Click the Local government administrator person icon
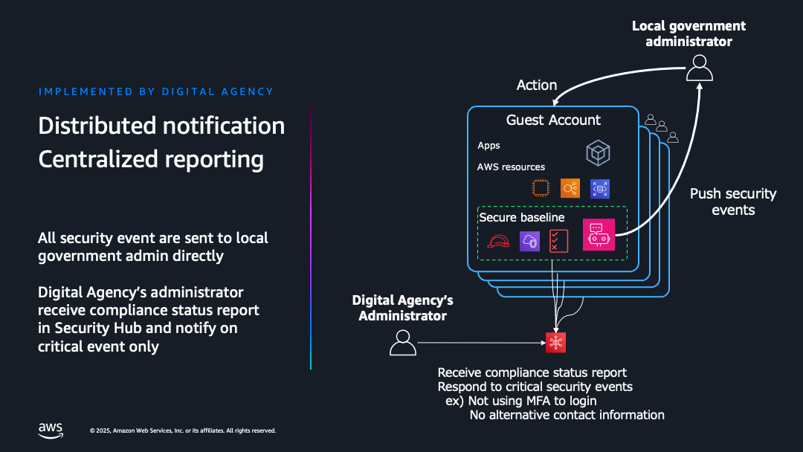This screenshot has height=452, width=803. click(x=699, y=69)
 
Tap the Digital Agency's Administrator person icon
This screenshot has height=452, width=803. click(x=403, y=343)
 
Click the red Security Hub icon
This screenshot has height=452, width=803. click(x=555, y=342)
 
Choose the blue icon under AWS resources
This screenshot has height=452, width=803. click(x=599, y=189)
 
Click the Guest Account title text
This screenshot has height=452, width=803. click(x=553, y=120)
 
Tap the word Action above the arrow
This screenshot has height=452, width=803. click(x=537, y=85)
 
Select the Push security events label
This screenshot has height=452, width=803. click(x=732, y=201)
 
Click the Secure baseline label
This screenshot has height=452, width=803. click(x=522, y=218)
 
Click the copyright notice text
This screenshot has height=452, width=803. click(x=182, y=430)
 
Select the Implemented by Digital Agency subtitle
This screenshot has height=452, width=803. click(x=156, y=91)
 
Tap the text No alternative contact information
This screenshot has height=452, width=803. click(x=567, y=415)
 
